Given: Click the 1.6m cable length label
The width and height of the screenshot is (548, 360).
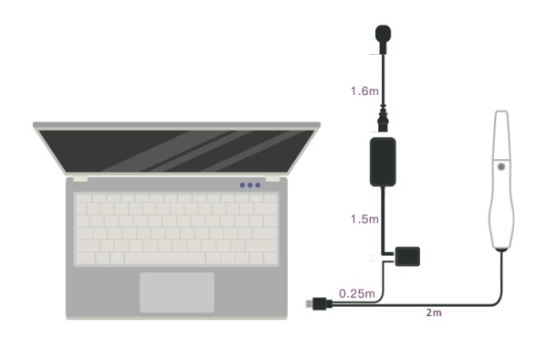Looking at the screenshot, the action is pos(364,91).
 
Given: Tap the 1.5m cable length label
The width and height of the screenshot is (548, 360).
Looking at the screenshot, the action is pos(364,219).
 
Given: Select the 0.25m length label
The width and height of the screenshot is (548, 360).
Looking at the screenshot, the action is pos(357,293).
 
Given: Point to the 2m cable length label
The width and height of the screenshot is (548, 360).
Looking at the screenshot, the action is pos(434,312).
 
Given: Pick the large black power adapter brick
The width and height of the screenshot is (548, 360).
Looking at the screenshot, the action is pos(383,162).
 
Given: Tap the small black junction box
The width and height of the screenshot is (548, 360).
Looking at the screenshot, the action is pos(407,256).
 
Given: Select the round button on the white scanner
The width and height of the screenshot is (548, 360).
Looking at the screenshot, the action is pos(501,166).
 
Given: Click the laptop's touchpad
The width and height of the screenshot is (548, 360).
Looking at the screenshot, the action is pos(177,292).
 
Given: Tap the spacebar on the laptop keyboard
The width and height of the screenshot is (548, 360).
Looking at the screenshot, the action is pos(165,259).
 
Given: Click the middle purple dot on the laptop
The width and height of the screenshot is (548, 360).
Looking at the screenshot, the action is pos(250,185).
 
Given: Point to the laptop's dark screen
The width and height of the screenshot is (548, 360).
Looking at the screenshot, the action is pos(176,151).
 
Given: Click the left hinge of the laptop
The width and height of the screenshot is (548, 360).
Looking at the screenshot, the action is pos(80,179).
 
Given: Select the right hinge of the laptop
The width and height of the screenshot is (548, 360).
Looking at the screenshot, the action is pos(272,179).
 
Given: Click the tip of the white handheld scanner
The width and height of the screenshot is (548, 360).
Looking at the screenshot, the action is pos(501,111).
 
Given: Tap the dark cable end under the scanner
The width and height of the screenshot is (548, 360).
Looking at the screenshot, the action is pos(501,249).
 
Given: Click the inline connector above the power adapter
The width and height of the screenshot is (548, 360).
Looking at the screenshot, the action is pos(383,119).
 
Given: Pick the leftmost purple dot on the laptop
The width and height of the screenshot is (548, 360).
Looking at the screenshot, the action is pos(243,185).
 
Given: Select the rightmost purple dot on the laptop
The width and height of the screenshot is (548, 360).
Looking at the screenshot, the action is pos(258,185).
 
